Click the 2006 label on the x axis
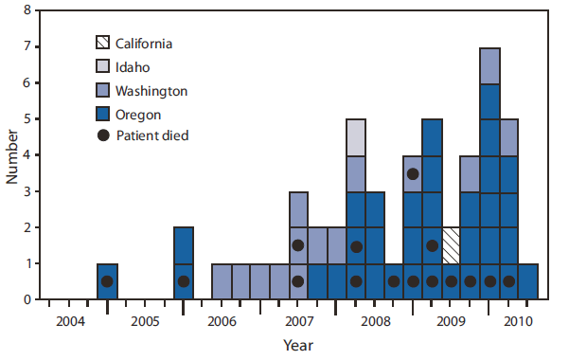(x=221, y=322)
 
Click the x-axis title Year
(x=295, y=346)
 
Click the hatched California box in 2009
(x=452, y=245)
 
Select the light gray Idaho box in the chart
(x=356, y=137)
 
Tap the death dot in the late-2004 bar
(x=107, y=281)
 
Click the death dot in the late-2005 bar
(x=184, y=281)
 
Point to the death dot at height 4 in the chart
(x=413, y=173)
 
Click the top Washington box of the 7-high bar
(x=489, y=65)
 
